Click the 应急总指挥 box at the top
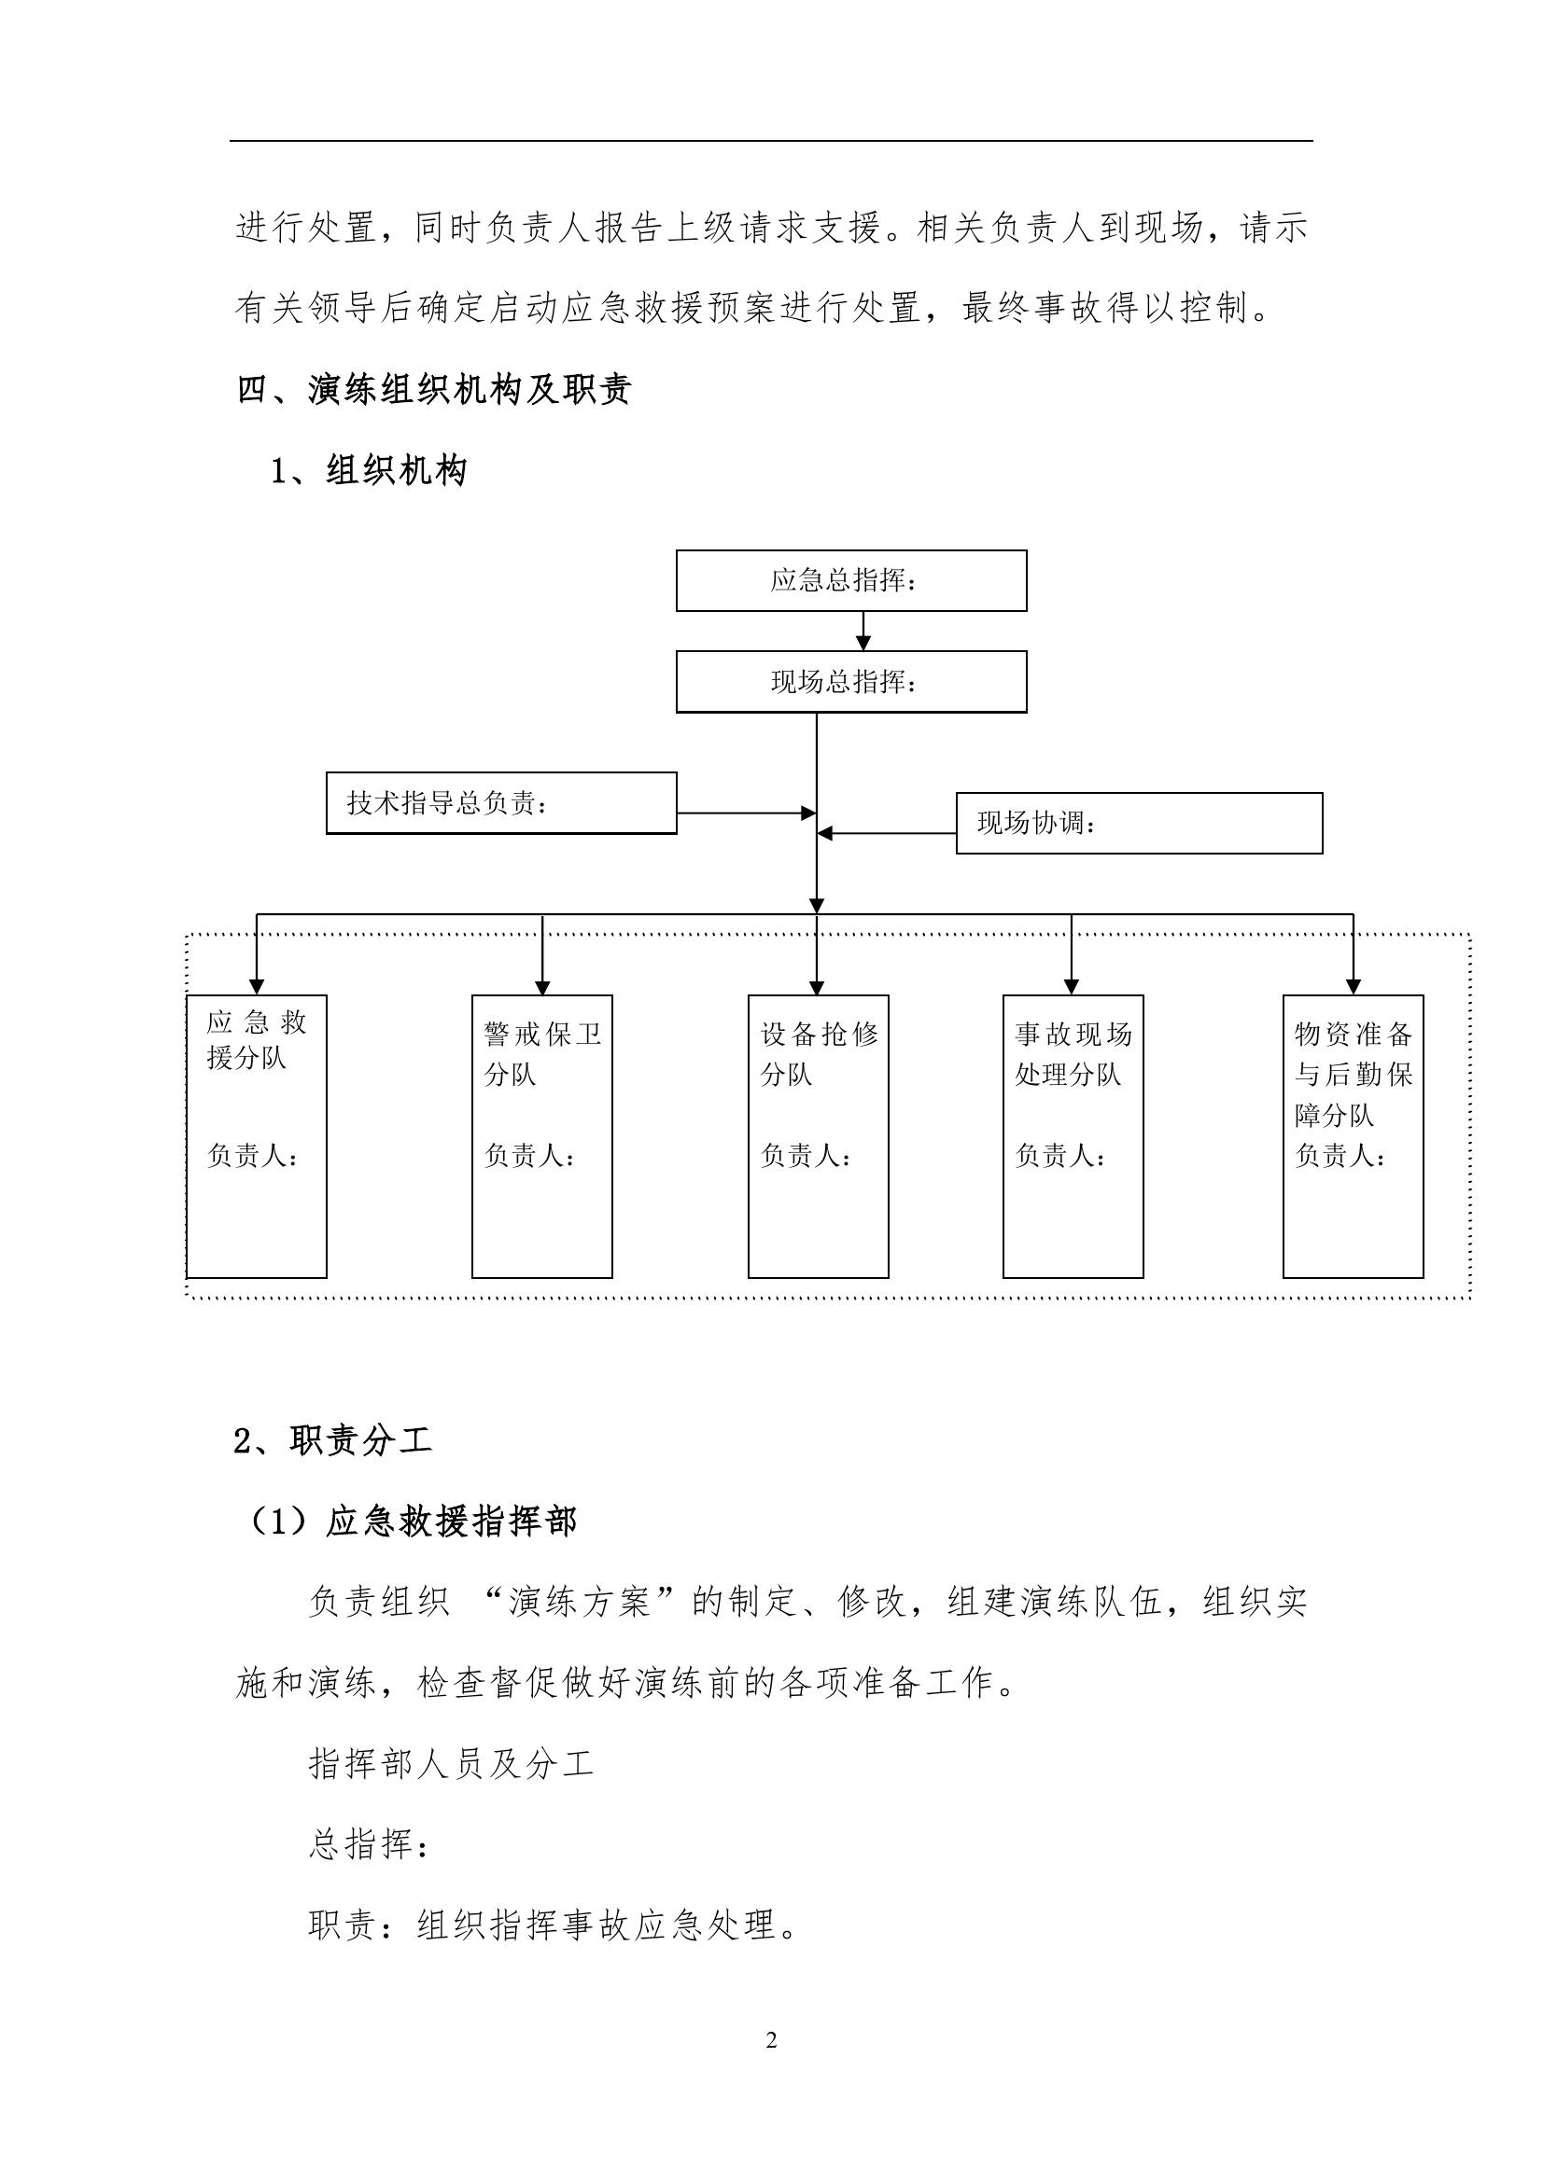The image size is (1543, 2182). pos(851,579)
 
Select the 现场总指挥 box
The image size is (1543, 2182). pos(851,681)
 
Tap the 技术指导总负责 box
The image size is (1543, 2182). pos(501,803)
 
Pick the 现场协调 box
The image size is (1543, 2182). pos(1138,823)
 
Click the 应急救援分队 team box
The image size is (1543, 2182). pos(257,1135)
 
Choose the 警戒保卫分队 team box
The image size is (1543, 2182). pos(542,1135)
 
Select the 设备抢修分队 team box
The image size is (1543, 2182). pos(818,1135)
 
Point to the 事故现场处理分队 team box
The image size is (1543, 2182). pos(1073,1135)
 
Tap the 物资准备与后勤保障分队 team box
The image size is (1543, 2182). pos(1352,1135)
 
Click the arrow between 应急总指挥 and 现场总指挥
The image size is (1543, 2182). pos(863,632)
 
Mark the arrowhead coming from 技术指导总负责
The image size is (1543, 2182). pos(808,813)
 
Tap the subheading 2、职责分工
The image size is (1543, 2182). pos(332,1441)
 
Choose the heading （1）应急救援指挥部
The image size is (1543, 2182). pos(411,1522)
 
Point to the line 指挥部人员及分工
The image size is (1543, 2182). pos(452,1764)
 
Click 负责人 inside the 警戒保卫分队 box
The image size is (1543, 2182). pos(528,1156)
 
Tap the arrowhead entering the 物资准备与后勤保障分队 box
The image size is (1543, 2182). pos(1353,986)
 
